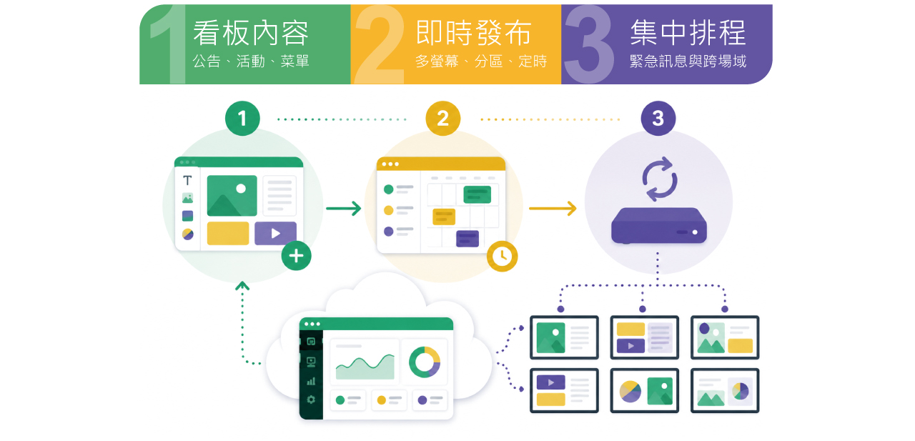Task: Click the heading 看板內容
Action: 251,33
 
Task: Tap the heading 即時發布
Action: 473,33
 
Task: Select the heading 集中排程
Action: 688,33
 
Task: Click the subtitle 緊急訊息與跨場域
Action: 688,61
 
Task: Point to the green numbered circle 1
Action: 242,119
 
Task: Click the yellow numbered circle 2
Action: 442,119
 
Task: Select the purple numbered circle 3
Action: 658,119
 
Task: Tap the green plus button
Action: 296,256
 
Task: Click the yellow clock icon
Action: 502,257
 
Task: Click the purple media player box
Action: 659,226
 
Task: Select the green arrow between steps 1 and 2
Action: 344,208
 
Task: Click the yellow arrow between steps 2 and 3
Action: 553,208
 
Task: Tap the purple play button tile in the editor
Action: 275,233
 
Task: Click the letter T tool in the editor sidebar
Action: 187,180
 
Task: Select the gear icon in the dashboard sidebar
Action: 311,400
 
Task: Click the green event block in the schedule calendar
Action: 477,194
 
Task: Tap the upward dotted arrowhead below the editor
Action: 242,285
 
